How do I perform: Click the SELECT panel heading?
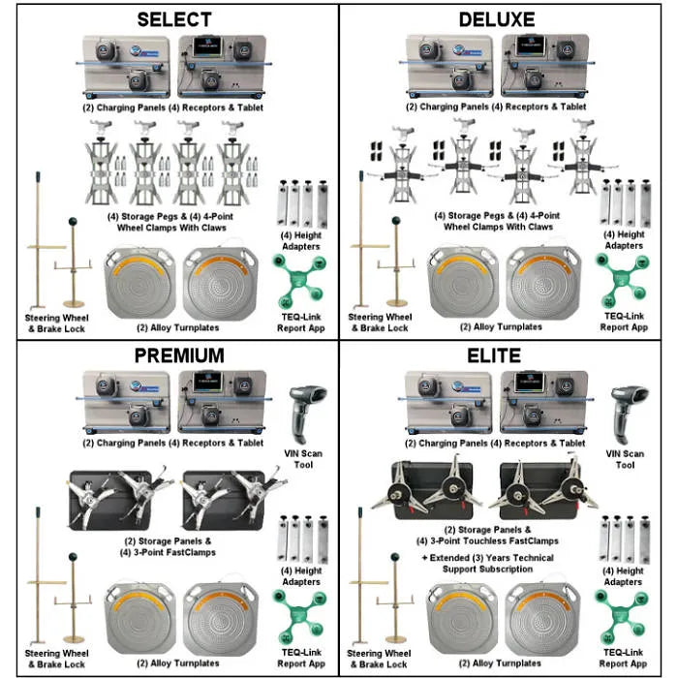[x=175, y=19]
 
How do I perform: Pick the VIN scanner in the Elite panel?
[x=627, y=412]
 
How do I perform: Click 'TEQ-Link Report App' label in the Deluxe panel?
[x=623, y=323]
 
